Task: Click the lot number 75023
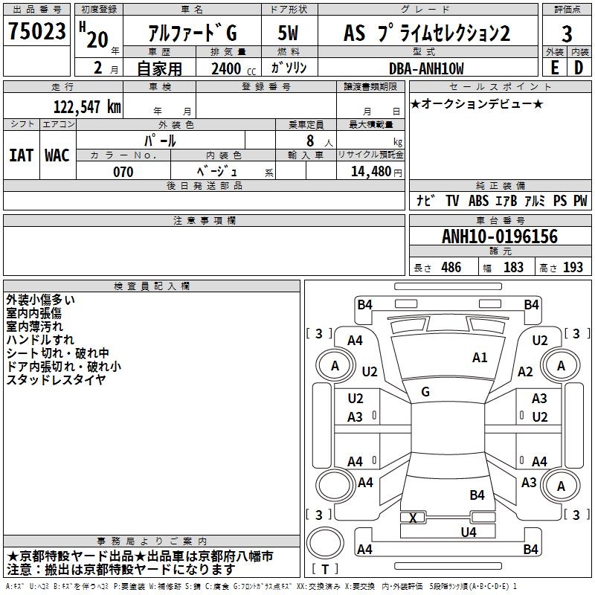point(37,31)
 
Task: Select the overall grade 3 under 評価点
point(567,34)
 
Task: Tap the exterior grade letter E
point(555,68)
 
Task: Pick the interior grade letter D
point(579,68)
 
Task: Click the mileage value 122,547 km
point(87,107)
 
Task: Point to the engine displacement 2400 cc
point(234,68)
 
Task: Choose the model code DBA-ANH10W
point(426,68)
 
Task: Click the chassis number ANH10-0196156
point(500,237)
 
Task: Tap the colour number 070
point(123,172)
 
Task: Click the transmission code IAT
point(21,155)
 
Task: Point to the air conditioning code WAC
point(57,155)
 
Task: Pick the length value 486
point(451,267)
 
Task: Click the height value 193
point(573,267)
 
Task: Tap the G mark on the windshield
point(425,392)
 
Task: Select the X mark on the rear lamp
point(413,518)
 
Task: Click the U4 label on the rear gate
point(469,533)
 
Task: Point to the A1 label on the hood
point(480,358)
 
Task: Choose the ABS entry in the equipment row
point(478,201)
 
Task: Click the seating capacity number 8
point(310,141)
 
